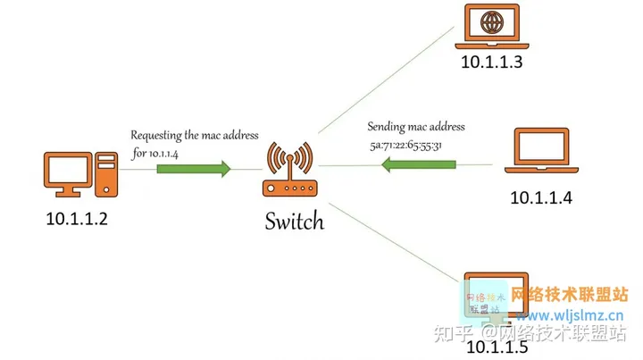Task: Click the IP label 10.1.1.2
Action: pos(77,219)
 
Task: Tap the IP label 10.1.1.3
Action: pos(492,62)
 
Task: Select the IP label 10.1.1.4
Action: pos(541,198)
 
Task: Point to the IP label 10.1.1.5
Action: pos(497,347)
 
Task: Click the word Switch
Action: pos(295,221)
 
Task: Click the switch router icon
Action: pos(290,169)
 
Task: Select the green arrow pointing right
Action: pos(194,169)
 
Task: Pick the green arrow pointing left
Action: pos(418,164)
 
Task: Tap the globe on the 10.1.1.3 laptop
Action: pos(492,22)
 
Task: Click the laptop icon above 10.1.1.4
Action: pos(541,150)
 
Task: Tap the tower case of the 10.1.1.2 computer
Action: pos(106,175)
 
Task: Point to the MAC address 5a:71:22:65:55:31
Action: pos(405,145)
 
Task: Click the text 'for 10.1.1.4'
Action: pos(155,154)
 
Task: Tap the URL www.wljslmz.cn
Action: pos(570,315)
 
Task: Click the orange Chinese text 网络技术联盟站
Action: pos(570,295)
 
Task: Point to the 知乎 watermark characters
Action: pos(453,333)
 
